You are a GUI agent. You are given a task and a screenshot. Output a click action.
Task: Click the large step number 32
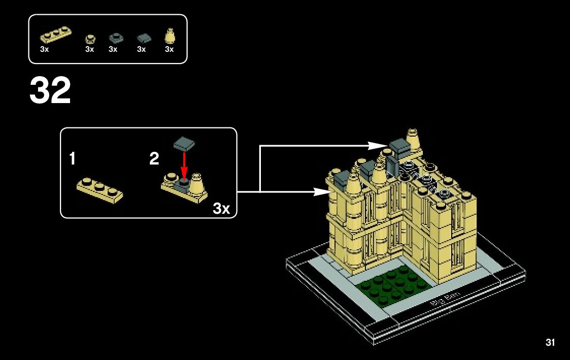[50, 91]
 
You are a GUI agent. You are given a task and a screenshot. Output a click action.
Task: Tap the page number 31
[550, 343]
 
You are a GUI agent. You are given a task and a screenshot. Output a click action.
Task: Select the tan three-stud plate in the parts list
[55, 36]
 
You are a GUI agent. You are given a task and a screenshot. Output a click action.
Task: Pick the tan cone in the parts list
[170, 37]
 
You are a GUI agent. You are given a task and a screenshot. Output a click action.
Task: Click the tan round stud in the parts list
[90, 38]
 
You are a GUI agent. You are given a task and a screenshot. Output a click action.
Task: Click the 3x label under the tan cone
[170, 50]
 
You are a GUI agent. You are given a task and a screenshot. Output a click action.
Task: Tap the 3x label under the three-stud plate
[45, 50]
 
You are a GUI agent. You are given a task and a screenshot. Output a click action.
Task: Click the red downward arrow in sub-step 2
[184, 163]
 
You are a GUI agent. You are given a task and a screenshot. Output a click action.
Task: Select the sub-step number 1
[73, 159]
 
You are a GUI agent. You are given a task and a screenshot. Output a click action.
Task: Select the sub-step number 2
[154, 159]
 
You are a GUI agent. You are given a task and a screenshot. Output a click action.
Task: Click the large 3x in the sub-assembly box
[222, 208]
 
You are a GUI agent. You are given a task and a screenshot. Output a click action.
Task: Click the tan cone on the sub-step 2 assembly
[197, 182]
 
